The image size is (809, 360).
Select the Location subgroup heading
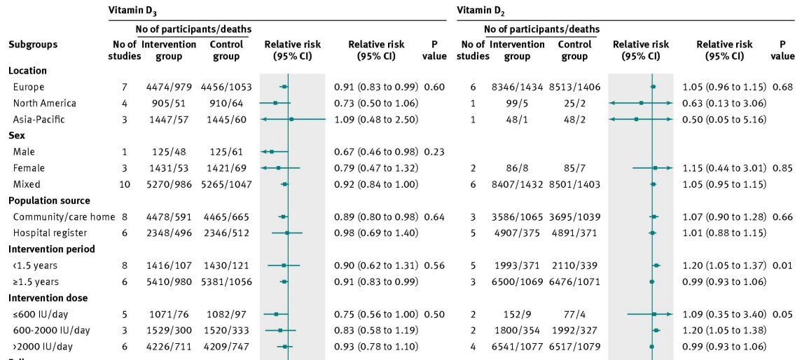(x=27, y=71)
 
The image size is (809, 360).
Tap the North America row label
(x=44, y=103)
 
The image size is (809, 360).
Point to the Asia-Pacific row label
(x=39, y=119)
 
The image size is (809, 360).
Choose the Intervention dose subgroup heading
(x=43, y=298)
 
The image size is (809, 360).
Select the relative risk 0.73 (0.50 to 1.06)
(x=376, y=103)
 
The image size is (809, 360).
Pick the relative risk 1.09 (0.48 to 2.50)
(x=376, y=119)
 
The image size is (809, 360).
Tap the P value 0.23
(x=434, y=151)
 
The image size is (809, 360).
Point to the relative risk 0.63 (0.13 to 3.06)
(x=724, y=103)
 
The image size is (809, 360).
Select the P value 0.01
(x=783, y=265)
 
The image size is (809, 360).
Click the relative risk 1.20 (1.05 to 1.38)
(x=724, y=330)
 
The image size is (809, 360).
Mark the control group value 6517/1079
(x=574, y=346)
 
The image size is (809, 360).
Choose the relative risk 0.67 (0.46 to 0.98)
(x=376, y=151)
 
